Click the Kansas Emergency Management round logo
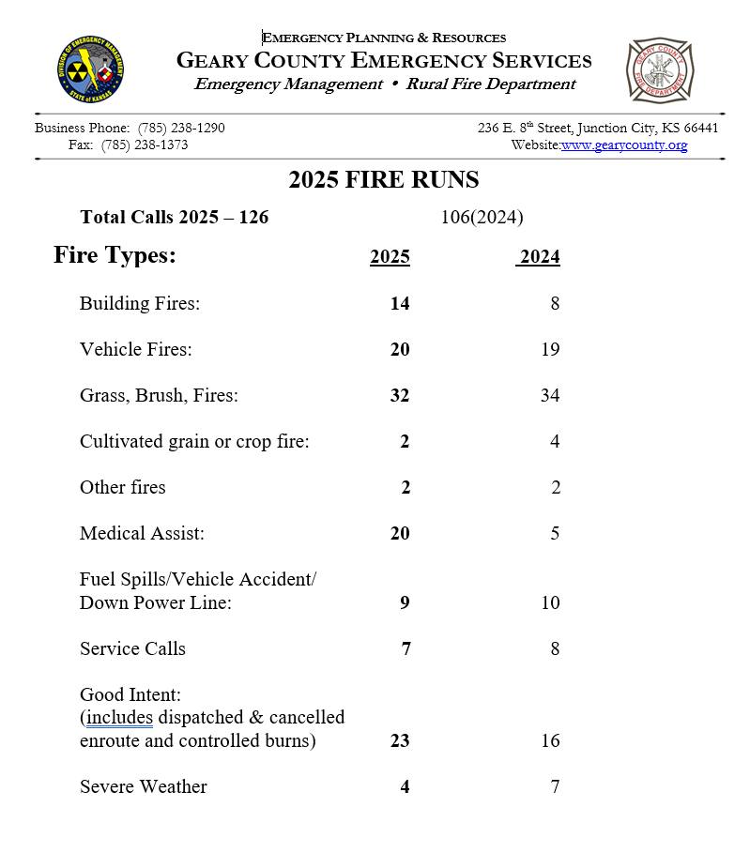click(x=91, y=71)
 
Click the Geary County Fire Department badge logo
click(x=659, y=70)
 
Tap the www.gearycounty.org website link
click(x=624, y=145)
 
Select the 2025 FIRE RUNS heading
click(x=383, y=180)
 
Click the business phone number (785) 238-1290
click(x=181, y=128)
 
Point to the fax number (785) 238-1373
click(x=145, y=145)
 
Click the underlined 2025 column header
click(x=390, y=257)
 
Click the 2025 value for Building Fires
click(x=400, y=303)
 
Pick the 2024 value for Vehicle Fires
click(x=550, y=349)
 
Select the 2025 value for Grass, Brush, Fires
click(x=400, y=395)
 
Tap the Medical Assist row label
click(x=142, y=533)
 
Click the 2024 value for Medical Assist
click(x=555, y=533)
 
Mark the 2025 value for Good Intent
click(x=400, y=740)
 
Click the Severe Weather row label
click(x=143, y=786)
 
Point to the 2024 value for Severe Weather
click(x=555, y=786)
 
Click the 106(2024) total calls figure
click(x=482, y=218)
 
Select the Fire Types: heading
click(x=115, y=255)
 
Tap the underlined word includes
click(x=119, y=718)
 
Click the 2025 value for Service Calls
click(x=406, y=648)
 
